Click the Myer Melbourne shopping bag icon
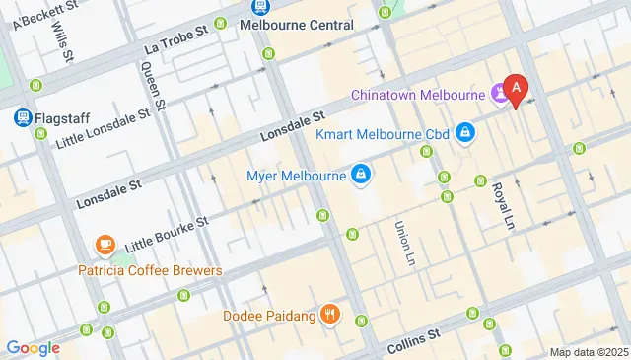tap(362, 177)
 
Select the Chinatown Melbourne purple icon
tap(501, 96)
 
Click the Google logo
tap(33, 347)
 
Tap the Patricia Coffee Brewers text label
tap(151, 270)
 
